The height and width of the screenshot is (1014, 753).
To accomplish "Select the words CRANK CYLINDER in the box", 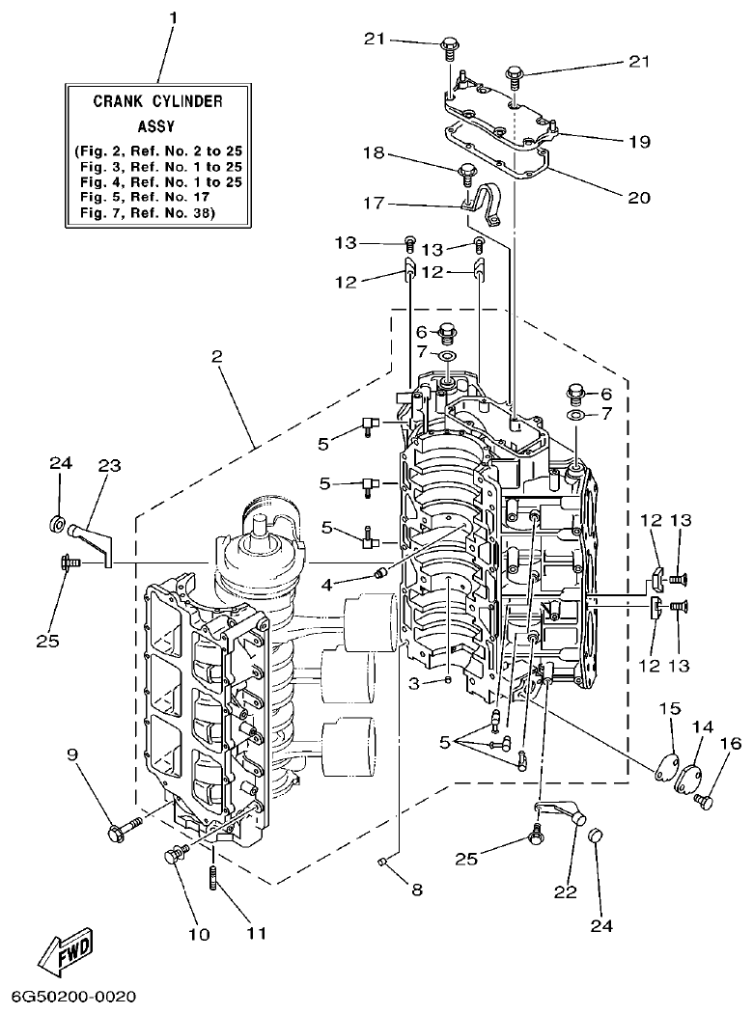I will (158, 100).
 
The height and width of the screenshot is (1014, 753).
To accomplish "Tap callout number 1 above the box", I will (174, 18).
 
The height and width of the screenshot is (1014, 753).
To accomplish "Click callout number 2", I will (217, 356).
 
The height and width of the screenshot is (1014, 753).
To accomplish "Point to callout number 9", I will (73, 755).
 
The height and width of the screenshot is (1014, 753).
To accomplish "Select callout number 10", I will (199, 932).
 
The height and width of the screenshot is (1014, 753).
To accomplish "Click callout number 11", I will (255, 932).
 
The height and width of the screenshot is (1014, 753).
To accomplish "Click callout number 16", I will (729, 743).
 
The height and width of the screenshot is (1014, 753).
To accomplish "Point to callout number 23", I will (109, 465).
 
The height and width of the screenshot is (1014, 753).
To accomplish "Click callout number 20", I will (639, 198).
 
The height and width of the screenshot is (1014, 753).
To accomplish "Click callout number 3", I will (413, 683).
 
